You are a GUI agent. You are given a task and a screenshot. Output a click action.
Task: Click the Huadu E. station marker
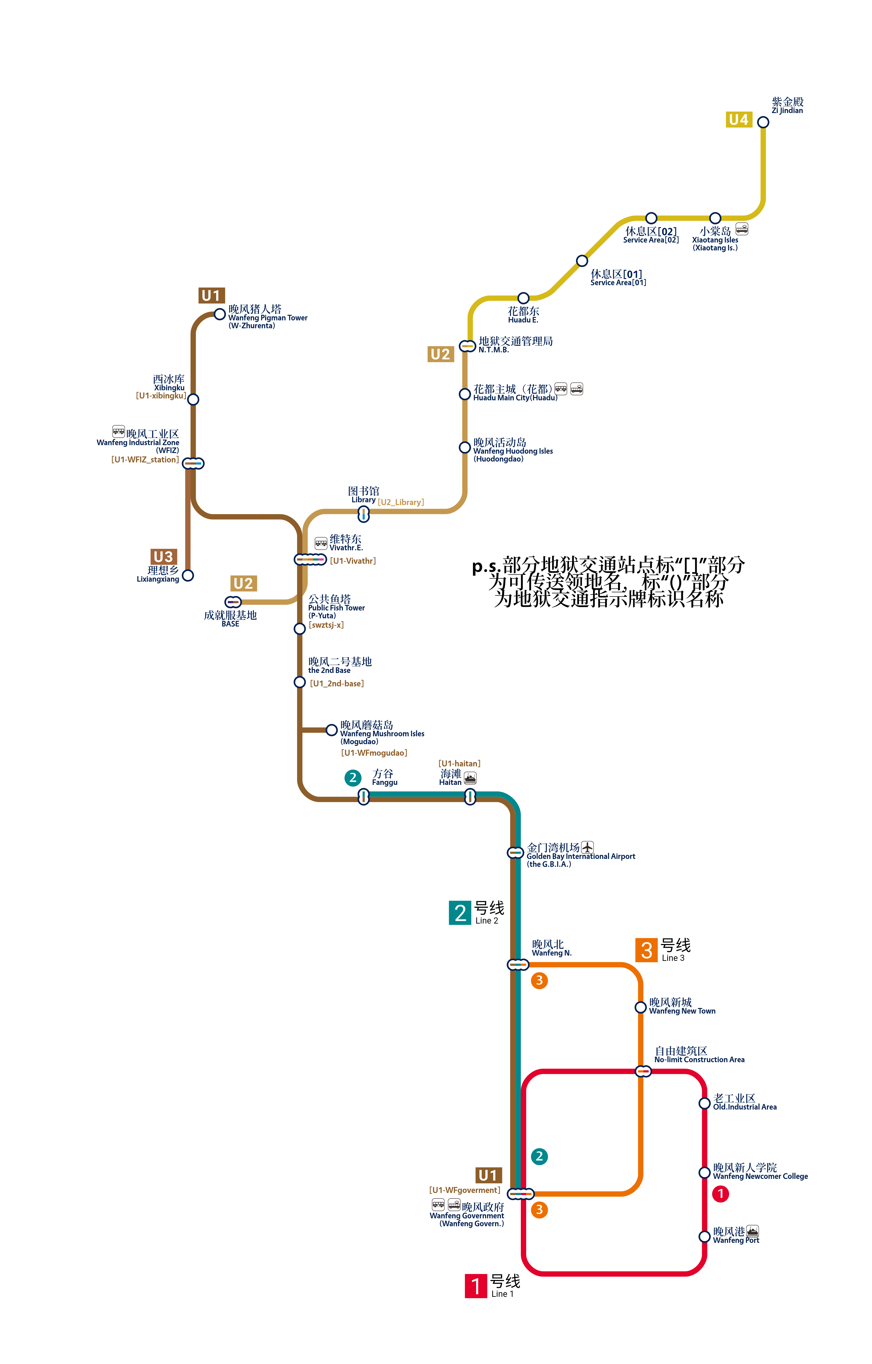[x=524, y=298]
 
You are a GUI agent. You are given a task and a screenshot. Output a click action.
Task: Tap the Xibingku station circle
[x=193, y=399]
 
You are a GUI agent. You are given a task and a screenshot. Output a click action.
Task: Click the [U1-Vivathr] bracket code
[x=353, y=561]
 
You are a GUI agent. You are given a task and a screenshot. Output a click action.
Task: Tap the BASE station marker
[x=233, y=602]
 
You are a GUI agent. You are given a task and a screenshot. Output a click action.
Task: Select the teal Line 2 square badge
[x=460, y=912]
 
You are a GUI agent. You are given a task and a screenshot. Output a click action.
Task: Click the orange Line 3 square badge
[x=647, y=950]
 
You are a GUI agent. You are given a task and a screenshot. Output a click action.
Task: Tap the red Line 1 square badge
[x=476, y=1286]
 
